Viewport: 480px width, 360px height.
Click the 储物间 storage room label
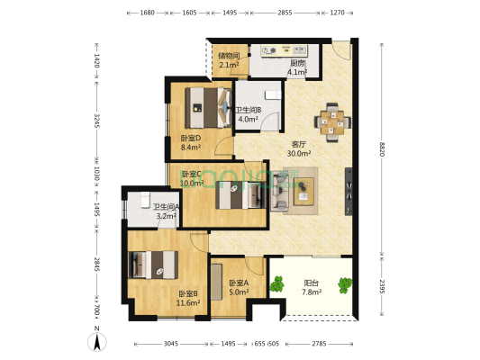[x=229, y=55]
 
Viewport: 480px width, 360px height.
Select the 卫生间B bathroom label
[x=249, y=111]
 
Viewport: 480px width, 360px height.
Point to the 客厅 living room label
[x=299, y=143]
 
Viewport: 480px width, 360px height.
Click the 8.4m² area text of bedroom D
[x=191, y=148]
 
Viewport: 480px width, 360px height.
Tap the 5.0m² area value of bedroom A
[x=228, y=292]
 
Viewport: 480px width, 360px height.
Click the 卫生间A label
[x=166, y=206]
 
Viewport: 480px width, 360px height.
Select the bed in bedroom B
[x=154, y=264]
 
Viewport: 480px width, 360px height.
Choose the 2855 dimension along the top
[x=285, y=13]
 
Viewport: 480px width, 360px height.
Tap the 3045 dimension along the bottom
[x=171, y=344]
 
